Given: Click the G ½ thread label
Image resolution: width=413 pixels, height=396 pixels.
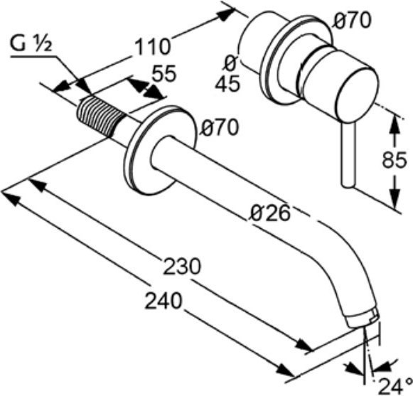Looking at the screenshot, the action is (31, 43).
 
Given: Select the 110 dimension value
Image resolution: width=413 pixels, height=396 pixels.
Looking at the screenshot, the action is (153, 47).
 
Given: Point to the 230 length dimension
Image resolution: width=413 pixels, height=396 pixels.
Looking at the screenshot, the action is (182, 266).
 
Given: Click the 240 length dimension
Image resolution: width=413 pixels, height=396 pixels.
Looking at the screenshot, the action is (163, 301).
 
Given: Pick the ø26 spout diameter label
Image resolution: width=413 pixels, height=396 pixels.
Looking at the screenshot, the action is (271, 213).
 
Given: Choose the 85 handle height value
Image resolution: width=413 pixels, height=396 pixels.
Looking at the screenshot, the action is (395, 160).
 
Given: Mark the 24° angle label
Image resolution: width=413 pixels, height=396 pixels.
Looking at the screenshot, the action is (396, 386).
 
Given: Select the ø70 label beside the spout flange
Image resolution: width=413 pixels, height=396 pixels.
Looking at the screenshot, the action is (219, 127).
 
